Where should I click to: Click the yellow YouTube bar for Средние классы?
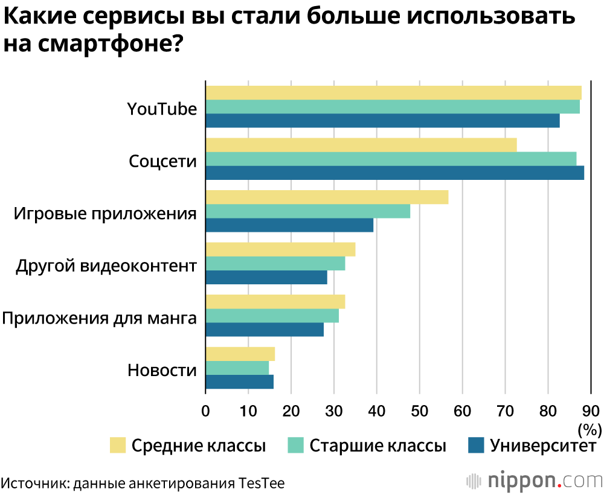393,92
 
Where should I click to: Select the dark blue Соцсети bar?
395,173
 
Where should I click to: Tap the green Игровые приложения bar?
308,211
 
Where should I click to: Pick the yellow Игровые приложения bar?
327,197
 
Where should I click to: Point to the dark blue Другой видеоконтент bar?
266,278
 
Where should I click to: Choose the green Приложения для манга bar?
272,316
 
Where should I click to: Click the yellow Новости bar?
240,354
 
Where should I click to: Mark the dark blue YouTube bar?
383,121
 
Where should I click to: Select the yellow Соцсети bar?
361,145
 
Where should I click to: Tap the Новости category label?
162,370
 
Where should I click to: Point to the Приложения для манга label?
100,318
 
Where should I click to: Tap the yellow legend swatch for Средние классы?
118,445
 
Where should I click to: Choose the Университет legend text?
543,446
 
